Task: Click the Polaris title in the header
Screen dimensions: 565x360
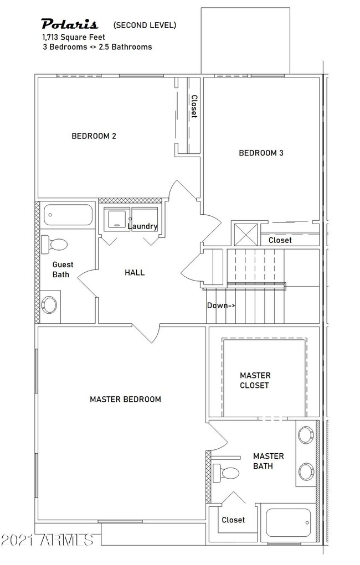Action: coord(70,24)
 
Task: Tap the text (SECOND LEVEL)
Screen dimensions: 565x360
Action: coord(145,25)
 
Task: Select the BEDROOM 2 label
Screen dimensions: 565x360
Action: coord(94,136)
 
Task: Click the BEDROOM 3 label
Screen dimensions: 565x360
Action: coord(261,153)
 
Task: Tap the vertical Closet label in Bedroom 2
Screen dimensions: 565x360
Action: coord(194,107)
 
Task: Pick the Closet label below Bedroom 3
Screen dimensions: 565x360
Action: coord(280,240)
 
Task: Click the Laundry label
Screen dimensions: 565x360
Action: coord(142,226)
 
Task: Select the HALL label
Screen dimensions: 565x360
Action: coord(135,272)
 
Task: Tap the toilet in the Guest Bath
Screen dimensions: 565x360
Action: coord(55,244)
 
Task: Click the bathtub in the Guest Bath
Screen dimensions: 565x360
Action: coord(68,215)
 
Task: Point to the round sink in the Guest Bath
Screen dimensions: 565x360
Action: coord(50,304)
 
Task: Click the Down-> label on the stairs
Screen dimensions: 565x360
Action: coord(221,305)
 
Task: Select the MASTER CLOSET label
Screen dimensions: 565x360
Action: coord(255,380)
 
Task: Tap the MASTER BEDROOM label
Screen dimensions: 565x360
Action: coord(125,399)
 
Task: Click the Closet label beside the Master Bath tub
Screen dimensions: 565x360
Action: coord(233,520)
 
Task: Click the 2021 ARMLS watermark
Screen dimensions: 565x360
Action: coord(47,538)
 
